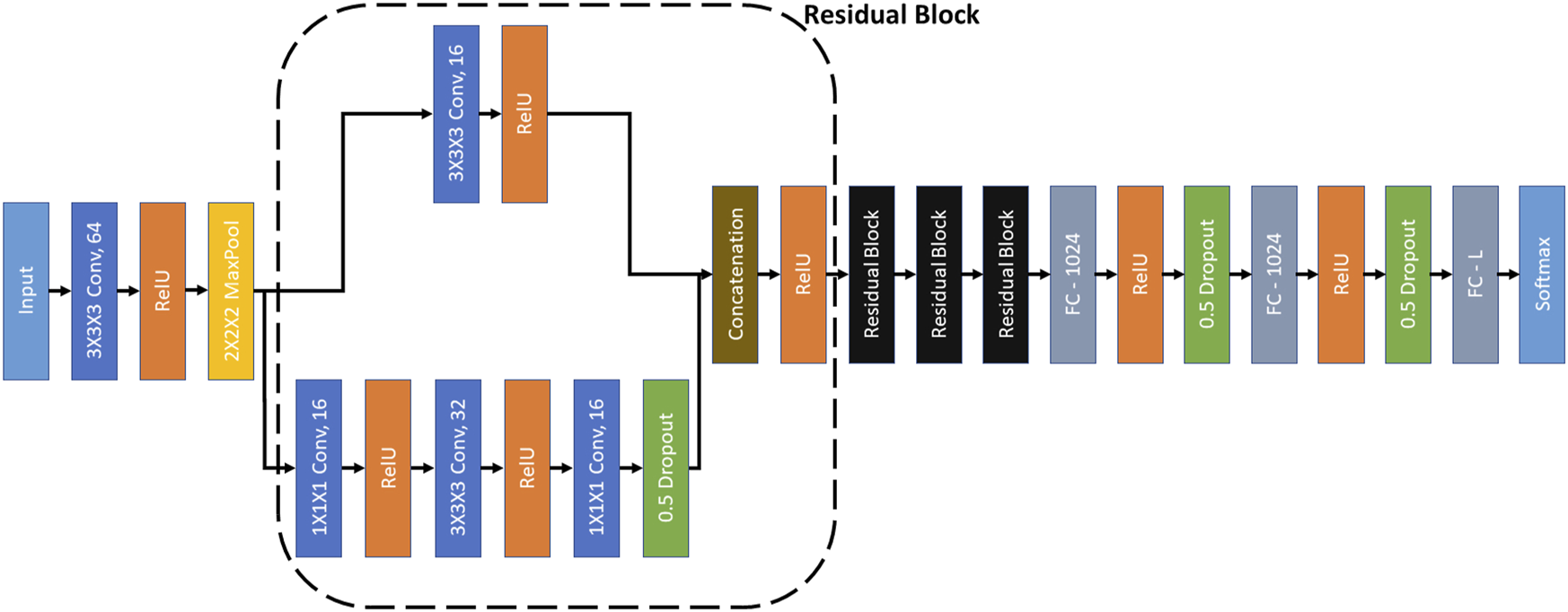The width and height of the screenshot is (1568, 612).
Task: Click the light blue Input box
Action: pos(26,291)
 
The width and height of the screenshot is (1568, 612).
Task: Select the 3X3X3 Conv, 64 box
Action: pos(94,291)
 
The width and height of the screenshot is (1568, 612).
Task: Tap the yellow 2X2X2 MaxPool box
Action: pos(231,291)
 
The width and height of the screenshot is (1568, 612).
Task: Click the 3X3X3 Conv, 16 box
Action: pos(456,114)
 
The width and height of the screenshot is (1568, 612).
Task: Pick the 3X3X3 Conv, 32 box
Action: pos(458,468)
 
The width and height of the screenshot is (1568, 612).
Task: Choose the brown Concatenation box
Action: pos(735,275)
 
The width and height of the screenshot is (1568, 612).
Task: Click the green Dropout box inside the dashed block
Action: pos(665,468)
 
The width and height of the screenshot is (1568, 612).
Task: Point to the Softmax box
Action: pos(1541,275)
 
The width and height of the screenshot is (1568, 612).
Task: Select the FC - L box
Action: pos(1475,275)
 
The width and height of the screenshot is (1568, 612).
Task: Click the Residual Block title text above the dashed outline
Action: pos(891,15)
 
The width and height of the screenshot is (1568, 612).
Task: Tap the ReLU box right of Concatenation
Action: pos(803,275)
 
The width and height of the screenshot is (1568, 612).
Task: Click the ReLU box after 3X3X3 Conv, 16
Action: pos(524,114)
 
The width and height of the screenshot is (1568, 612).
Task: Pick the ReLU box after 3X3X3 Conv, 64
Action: pos(163,291)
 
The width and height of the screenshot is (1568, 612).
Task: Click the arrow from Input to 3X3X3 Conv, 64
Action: pos(60,291)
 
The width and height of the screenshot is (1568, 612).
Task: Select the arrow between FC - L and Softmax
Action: pos(1509,275)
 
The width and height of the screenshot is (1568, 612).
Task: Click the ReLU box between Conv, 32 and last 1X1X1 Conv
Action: pos(527,468)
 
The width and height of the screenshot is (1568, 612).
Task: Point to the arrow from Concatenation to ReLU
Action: pos(769,275)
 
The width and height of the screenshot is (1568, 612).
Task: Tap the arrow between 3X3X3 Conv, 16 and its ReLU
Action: pos(490,114)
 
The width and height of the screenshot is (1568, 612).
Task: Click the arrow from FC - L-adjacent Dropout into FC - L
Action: pos(1441,275)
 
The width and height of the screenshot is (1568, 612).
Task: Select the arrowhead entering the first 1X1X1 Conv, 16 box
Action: pos(288,468)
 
